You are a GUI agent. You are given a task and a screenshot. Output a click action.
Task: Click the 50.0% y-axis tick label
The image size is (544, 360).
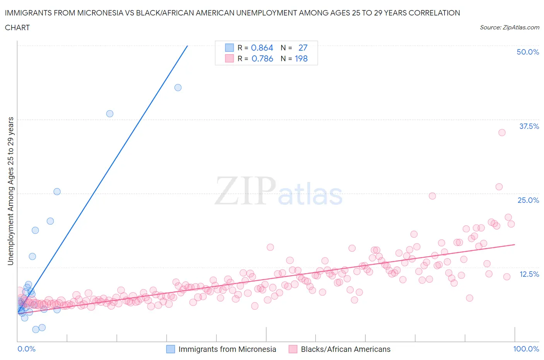pos(528,52)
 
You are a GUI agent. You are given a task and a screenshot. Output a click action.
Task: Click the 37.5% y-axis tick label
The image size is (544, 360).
pos(529,126)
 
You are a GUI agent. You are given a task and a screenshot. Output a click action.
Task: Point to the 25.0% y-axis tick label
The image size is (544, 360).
pos(528,200)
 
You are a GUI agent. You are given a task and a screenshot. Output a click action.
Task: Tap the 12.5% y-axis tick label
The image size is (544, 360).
pos(529,274)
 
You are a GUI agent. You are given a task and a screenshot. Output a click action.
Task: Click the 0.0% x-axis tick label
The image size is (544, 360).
pos(26,349)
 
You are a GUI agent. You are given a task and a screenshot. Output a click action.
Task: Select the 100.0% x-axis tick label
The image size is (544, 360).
pos(526,349)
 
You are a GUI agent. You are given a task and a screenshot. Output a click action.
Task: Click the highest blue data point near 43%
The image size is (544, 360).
pos(178,87)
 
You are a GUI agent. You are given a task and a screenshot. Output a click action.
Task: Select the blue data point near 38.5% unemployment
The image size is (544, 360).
pos(110,114)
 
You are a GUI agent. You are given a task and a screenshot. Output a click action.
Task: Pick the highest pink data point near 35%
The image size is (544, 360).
pos(502,132)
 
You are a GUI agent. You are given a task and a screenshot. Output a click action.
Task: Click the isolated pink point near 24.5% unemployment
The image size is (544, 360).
pos(432,196)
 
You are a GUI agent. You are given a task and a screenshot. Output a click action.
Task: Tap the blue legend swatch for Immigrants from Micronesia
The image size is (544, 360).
pos(171,349)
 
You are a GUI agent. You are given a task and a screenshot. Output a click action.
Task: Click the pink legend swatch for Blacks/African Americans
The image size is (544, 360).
pos(293,349)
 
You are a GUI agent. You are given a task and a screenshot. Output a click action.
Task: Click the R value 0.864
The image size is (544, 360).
pos(262,48)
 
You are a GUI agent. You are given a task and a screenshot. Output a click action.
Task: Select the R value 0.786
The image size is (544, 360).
pos(262,58)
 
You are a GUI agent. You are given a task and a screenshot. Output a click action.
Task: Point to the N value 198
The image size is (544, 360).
pos(301,58)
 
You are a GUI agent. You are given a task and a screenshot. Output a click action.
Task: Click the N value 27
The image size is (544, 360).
pos(303,48)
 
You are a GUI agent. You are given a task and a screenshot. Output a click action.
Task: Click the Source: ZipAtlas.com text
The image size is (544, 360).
pos(509,27)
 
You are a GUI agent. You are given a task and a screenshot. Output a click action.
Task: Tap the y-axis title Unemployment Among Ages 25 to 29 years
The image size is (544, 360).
pos(10,191)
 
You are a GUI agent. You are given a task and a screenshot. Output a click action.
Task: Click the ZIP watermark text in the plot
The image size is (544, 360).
pos(245,191)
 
